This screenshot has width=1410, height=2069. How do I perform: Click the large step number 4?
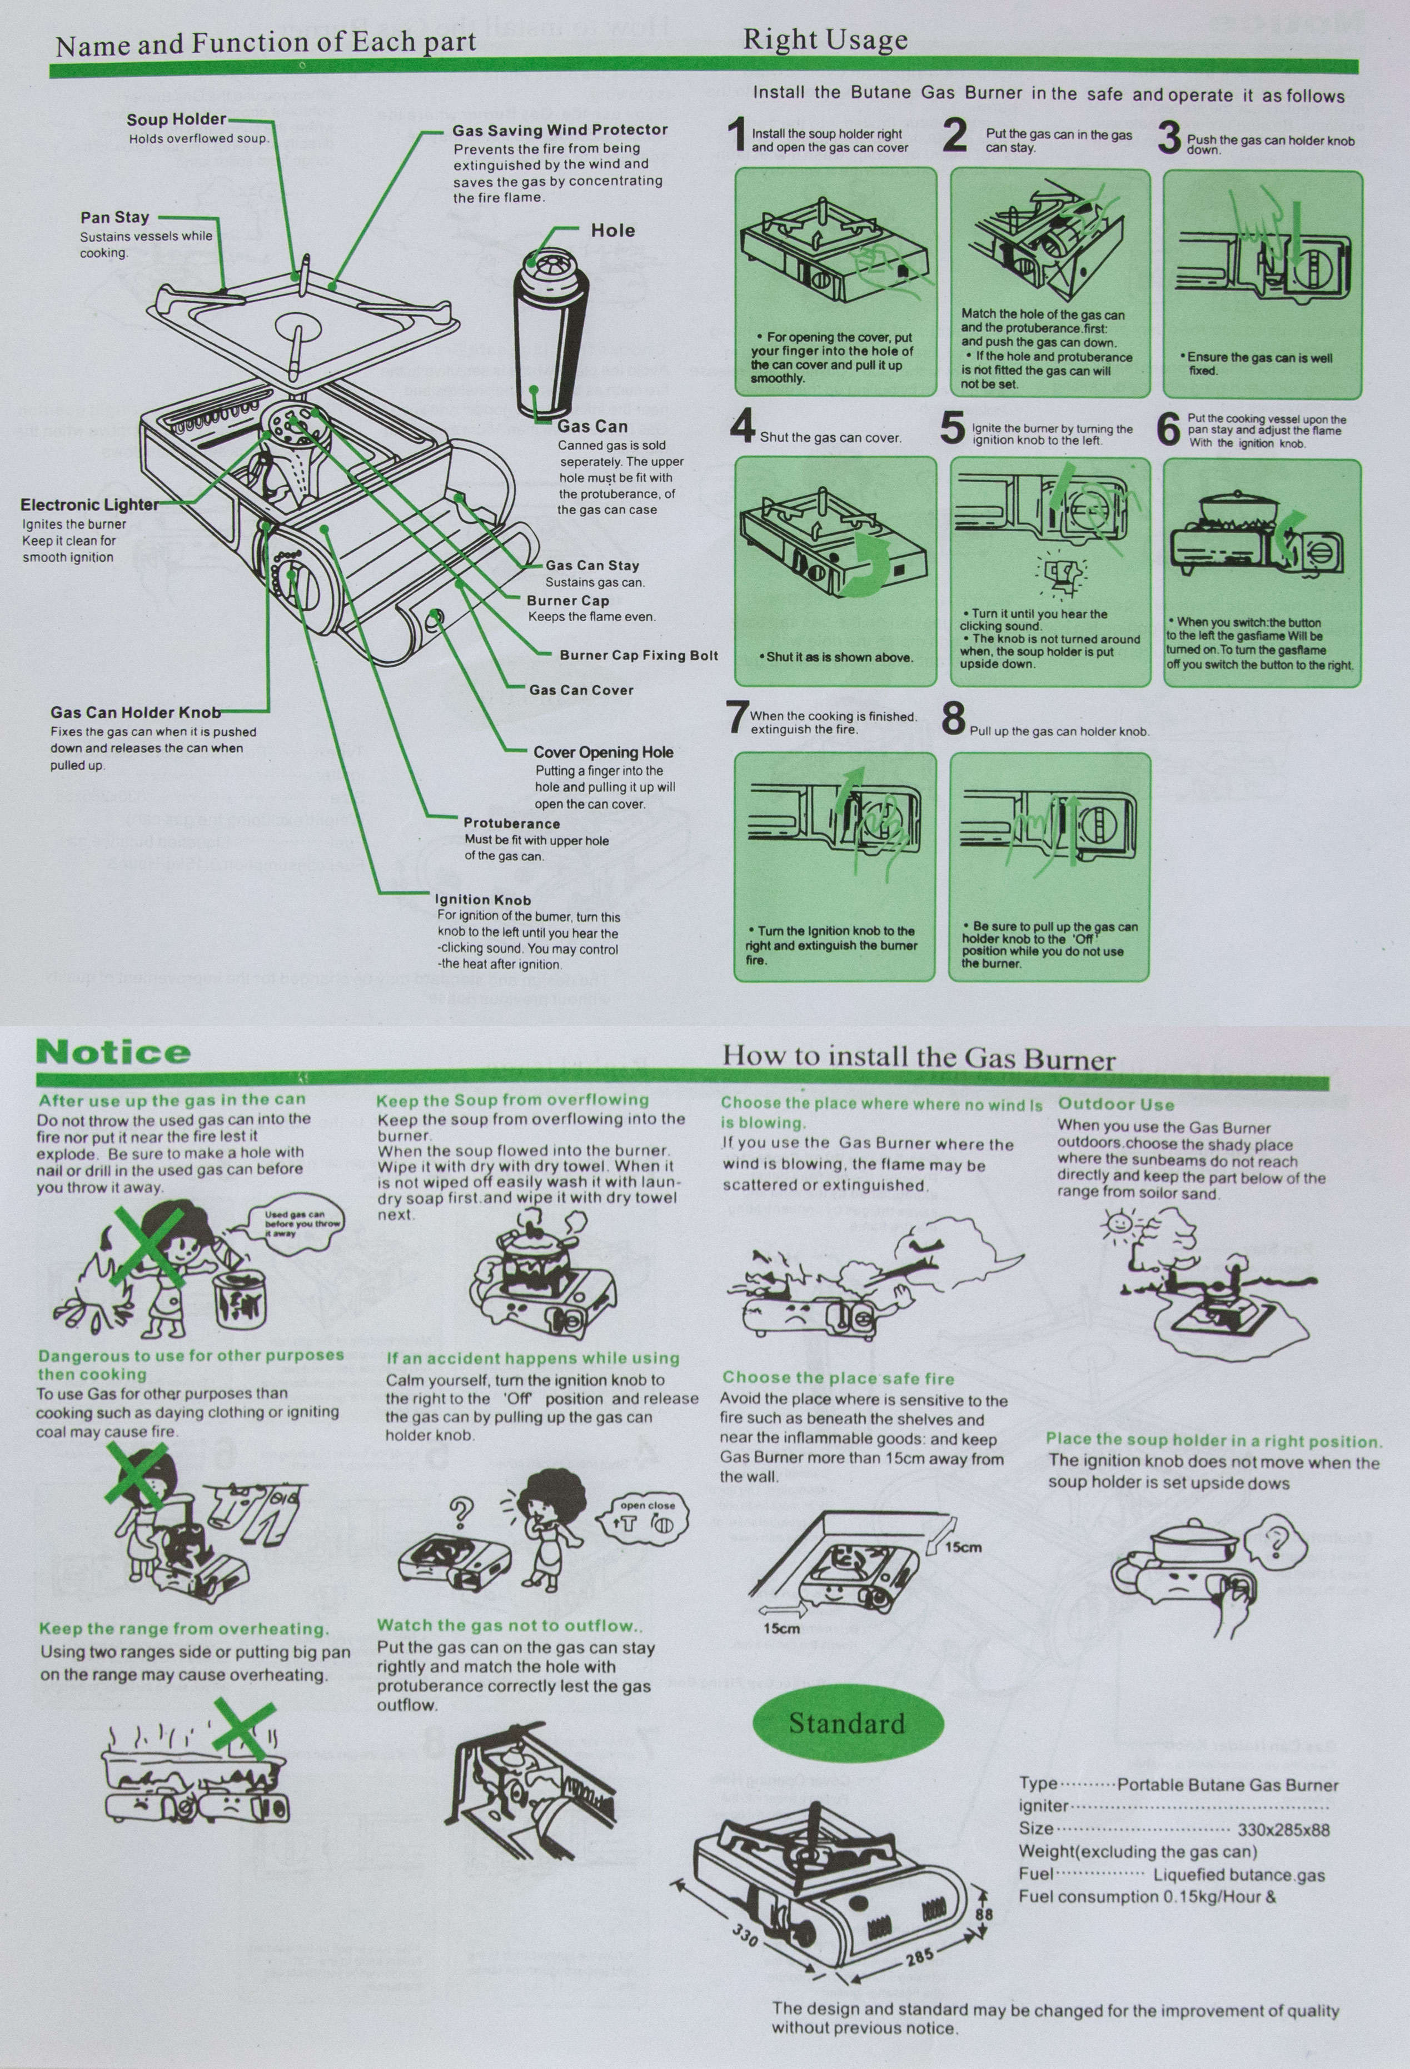[742, 427]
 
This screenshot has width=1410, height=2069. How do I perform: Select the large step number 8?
[953, 719]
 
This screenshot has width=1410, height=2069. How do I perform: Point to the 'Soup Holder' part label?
[176, 120]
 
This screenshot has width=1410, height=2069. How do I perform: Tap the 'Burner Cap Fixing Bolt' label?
[639, 655]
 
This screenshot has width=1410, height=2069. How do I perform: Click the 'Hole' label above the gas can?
[613, 231]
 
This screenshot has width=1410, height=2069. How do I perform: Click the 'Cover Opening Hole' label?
[603, 752]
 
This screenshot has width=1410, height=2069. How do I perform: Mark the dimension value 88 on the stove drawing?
[983, 1914]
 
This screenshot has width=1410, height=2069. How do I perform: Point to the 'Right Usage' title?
[825, 40]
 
